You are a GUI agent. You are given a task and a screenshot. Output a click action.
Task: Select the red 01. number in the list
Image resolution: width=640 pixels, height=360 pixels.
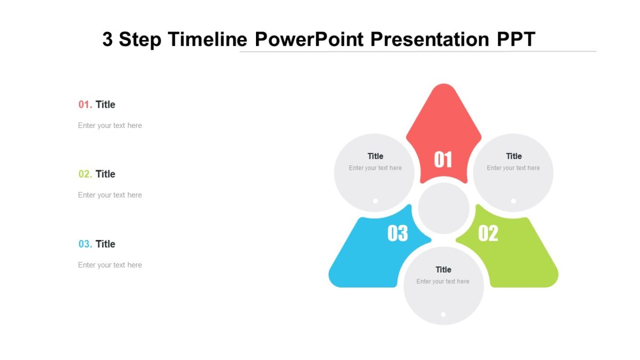click(x=85, y=105)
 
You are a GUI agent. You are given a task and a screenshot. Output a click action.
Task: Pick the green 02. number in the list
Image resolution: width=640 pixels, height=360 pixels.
click(x=85, y=174)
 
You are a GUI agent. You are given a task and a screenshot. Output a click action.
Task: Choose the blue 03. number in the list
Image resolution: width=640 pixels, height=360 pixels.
click(x=85, y=244)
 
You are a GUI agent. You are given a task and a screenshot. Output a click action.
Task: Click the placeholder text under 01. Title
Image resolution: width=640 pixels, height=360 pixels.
click(x=110, y=125)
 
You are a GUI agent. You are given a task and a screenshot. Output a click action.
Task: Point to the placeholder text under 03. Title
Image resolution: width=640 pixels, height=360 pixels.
click(x=110, y=265)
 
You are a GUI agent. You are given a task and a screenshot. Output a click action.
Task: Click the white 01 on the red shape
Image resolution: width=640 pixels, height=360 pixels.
click(x=443, y=159)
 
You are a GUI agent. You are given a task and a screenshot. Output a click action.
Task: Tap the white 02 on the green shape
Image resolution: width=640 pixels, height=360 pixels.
click(x=488, y=233)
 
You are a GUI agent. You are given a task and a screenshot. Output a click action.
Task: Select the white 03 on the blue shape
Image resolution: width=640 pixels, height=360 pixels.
click(x=397, y=233)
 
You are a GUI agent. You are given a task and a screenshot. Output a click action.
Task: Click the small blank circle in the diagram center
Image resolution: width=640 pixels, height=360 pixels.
click(x=443, y=209)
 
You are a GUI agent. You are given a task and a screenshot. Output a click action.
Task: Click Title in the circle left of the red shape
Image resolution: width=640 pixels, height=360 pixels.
click(x=375, y=156)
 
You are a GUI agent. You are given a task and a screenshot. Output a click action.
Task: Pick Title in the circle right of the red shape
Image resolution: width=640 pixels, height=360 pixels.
click(x=514, y=156)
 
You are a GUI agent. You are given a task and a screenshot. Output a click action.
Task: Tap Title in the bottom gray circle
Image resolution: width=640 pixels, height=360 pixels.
click(x=443, y=269)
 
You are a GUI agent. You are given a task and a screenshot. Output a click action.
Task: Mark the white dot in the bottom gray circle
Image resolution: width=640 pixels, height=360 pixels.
click(x=443, y=315)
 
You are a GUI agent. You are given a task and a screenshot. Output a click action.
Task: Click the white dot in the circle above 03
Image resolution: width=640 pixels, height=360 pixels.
click(x=375, y=201)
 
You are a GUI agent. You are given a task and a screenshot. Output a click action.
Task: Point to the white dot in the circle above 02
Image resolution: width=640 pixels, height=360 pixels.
click(x=513, y=201)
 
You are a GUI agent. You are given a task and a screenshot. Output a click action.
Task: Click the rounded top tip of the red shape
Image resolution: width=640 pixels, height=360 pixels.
click(x=443, y=89)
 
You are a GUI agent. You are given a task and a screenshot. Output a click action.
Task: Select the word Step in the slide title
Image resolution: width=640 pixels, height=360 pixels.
click(x=140, y=39)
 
